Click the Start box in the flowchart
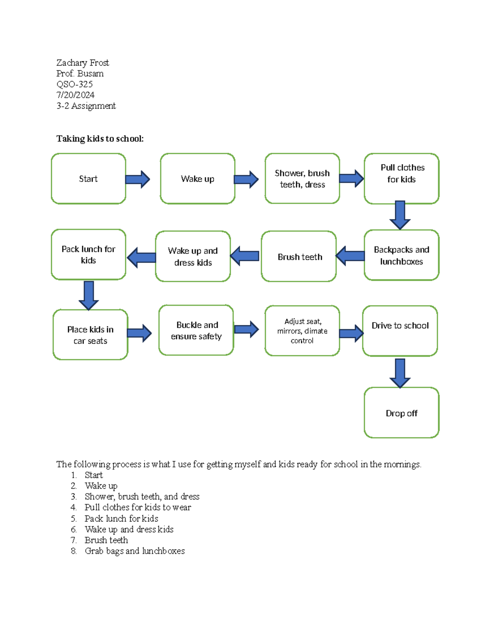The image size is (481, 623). pyautogui.click(x=88, y=179)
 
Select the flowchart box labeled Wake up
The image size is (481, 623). pyautogui.click(x=197, y=179)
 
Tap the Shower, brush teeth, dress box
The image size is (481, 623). pyautogui.click(x=302, y=179)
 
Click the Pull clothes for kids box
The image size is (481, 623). pyautogui.click(x=402, y=179)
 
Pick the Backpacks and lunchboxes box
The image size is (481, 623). pyautogui.click(x=402, y=255)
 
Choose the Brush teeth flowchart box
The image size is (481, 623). pyautogui.click(x=299, y=256)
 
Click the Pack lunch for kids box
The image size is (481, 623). pyautogui.click(x=88, y=254)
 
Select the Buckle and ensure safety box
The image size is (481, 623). pyautogui.click(x=196, y=330)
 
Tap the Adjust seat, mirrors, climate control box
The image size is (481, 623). pyautogui.click(x=302, y=331)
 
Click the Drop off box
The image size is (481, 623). pyautogui.click(x=402, y=413)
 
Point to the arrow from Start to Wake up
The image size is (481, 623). pyautogui.click(x=137, y=179)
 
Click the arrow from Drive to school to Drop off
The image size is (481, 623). pyautogui.click(x=400, y=373)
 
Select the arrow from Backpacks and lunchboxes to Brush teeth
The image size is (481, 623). pyautogui.click(x=350, y=256)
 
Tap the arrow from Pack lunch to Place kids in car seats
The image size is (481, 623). pyautogui.click(x=89, y=295)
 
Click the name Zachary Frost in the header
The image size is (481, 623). pyautogui.click(x=83, y=63)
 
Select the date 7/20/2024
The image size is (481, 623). pyautogui.click(x=75, y=95)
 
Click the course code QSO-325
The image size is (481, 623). pyautogui.click(x=75, y=84)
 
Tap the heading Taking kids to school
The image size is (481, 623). pyautogui.click(x=100, y=139)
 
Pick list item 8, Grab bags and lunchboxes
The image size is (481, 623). pyautogui.click(x=134, y=551)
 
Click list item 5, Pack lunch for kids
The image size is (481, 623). pyautogui.click(x=121, y=518)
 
